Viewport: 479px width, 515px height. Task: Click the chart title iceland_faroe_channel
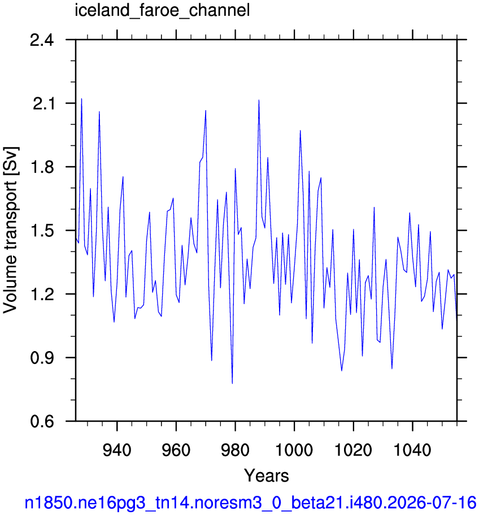tap(162, 11)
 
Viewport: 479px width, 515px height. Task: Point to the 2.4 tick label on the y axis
tap(42, 40)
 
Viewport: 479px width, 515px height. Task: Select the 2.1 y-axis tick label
tap(43, 104)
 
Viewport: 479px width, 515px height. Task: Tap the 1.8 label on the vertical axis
tap(42, 167)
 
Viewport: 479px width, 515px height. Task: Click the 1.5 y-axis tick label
tap(42, 231)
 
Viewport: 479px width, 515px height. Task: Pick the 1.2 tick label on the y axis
tap(42, 295)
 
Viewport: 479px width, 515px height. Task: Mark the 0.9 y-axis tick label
tap(42, 358)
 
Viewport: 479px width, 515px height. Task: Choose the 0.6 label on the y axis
tap(42, 421)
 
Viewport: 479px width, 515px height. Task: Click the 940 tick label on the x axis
tap(117, 450)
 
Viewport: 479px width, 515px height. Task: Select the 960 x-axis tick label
tap(176, 450)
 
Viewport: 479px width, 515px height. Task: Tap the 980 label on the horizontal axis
tap(235, 450)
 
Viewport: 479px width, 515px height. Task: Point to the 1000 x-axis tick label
tap(294, 450)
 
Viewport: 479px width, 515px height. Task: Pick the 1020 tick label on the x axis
tap(354, 450)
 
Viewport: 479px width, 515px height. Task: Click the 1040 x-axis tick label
tap(412, 450)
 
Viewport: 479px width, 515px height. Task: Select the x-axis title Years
tap(267, 475)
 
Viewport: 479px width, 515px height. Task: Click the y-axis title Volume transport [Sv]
tap(11, 230)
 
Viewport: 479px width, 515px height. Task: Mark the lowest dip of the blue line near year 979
tap(232, 383)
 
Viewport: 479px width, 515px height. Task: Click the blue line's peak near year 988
tap(259, 100)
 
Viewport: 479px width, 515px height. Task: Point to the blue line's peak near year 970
tap(206, 110)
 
